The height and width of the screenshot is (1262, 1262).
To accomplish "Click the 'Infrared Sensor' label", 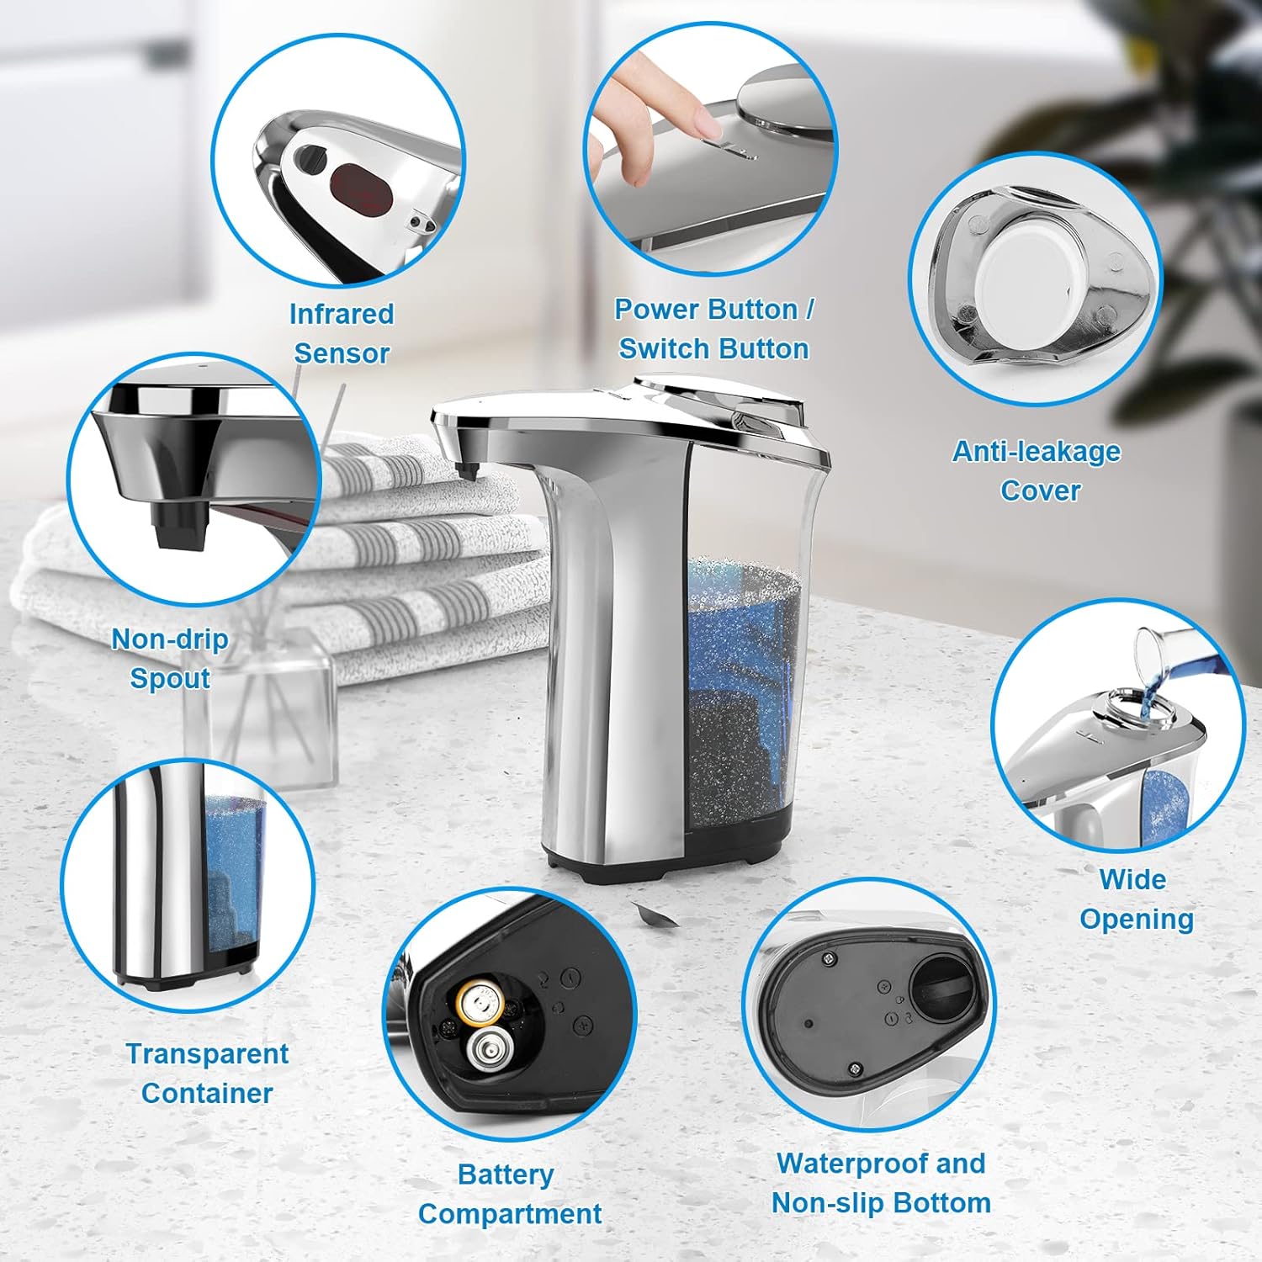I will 341,333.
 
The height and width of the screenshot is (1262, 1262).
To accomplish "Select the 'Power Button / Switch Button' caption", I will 713,329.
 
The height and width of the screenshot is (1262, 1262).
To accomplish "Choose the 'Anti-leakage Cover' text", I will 1037,471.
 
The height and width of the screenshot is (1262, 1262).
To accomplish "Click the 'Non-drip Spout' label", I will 170,659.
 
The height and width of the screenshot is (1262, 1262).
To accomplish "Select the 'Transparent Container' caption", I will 207,1074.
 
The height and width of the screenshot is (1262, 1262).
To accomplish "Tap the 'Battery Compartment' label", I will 508,1194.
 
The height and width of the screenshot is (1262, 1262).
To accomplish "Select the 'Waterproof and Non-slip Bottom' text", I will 881,1183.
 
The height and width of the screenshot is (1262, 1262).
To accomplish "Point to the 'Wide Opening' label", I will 1136,899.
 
